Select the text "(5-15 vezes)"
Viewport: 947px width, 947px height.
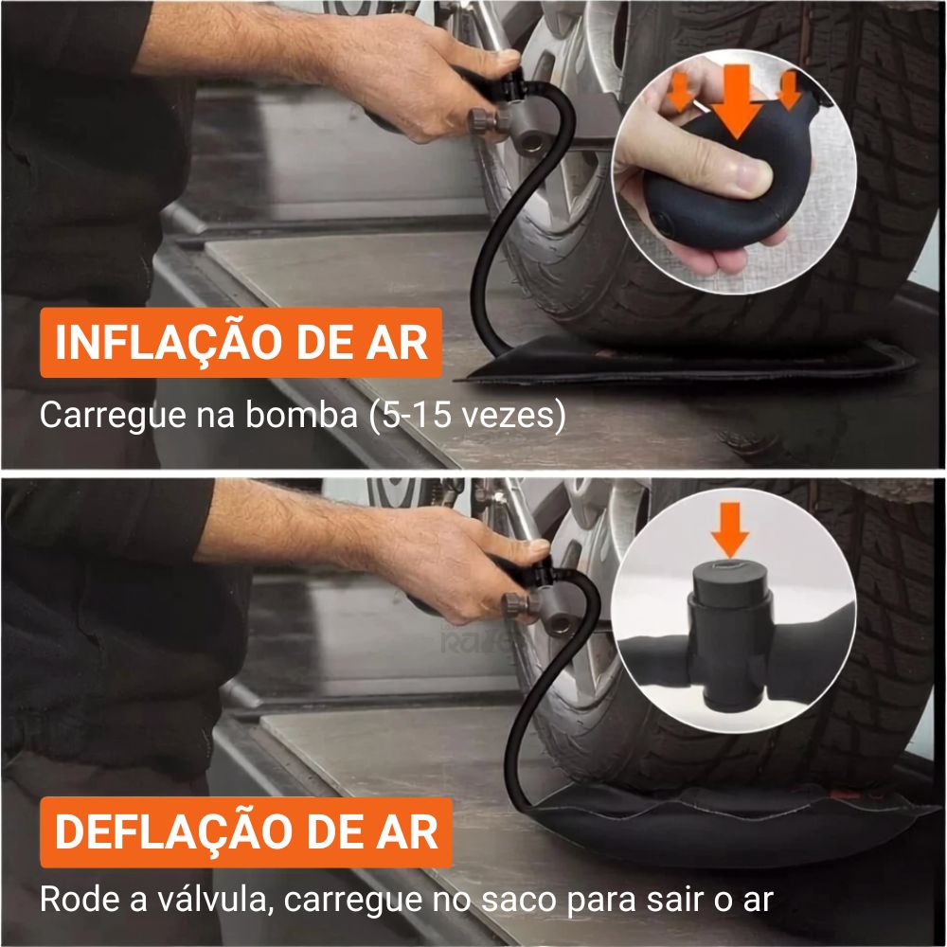click(468, 416)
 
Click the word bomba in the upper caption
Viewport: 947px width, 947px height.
click(301, 415)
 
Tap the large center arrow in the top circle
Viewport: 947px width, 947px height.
click(736, 101)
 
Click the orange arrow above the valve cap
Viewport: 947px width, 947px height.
click(730, 529)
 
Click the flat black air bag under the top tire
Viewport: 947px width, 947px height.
click(688, 363)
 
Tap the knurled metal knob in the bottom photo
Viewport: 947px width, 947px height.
click(518, 603)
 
